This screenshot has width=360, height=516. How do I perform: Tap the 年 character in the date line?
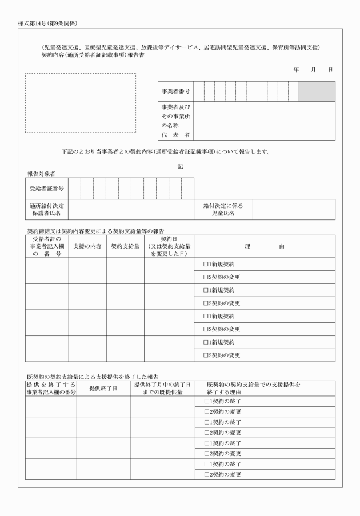(x=296, y=69)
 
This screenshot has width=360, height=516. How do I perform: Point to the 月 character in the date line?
(x=313, y=69)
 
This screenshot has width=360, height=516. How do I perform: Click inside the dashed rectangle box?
(x=80, y=103)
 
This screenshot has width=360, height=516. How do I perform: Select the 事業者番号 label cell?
(x=176, y=91)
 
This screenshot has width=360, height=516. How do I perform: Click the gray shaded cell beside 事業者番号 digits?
(x=317, y=91)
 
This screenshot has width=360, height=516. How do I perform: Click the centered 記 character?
(x=180, y=166)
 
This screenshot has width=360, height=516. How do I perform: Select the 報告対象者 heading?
(x=41, y=173)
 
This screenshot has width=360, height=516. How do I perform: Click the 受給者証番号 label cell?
(x=47, y=188)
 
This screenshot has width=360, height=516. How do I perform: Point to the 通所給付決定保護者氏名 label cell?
(x=47, y=210)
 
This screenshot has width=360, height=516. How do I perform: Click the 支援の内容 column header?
(x=87, y=246)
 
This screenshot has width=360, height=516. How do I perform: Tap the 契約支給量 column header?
(x=125, y=246)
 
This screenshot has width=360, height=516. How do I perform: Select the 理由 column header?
(x=265, y=246)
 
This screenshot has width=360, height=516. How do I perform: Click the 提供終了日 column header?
(x=103, y=388)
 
